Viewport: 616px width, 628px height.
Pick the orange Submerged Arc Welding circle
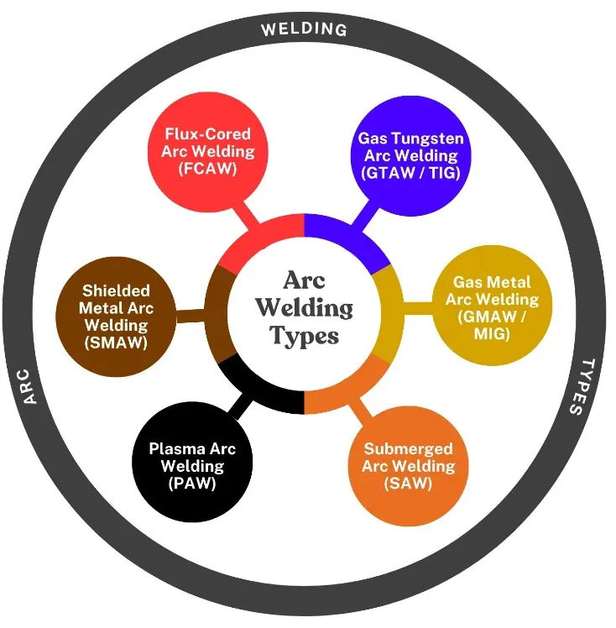click(408, 466)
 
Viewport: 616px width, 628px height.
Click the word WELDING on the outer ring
click(304, 29)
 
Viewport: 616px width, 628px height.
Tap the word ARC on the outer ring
click(32, 385)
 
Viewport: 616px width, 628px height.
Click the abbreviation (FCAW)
click(207, 169)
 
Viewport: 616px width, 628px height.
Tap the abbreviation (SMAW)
click(117, 343)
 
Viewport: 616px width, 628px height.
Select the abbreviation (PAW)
click(192, 483)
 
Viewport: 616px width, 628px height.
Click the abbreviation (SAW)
click(408, 484)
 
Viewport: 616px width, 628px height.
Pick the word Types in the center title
click(304, 335)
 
